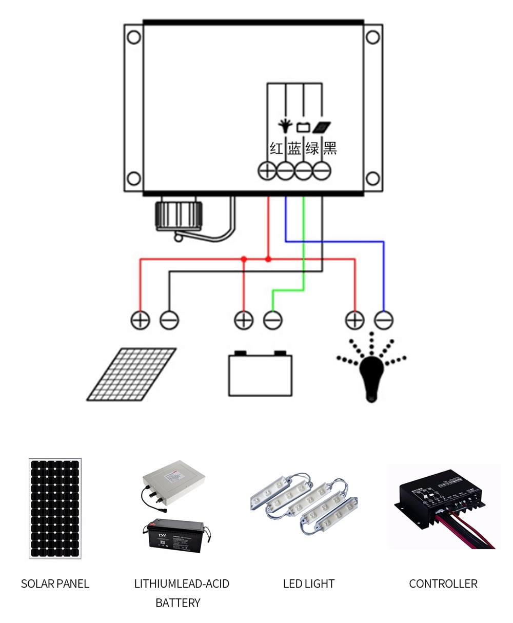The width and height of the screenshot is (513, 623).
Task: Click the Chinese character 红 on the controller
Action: coord(277,149)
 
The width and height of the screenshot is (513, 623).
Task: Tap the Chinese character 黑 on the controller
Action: coord(330,149)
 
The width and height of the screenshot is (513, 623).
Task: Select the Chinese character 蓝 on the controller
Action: coord(294,149)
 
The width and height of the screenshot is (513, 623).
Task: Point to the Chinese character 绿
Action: coord(312,149)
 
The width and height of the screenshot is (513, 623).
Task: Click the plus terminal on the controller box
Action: coord(267,171)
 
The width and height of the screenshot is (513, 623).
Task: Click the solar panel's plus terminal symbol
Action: coord(140,320)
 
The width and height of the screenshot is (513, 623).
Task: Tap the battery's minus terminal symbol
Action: coord(272,320)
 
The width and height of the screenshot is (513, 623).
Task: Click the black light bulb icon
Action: coord(371,375)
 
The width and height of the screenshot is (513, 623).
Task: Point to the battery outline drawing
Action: coord(260,374)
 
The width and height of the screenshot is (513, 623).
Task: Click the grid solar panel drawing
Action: coord(131,374)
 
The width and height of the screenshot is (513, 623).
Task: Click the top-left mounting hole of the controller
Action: coord(134,37)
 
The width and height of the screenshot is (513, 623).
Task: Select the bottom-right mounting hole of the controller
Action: coord(373,179)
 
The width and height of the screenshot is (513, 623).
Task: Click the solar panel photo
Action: coord(55,508)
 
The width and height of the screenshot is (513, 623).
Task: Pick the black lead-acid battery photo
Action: coord(176,534)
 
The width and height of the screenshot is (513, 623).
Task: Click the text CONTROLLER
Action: coord(443,583)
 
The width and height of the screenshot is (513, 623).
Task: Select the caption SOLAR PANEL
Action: coord(55,583)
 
